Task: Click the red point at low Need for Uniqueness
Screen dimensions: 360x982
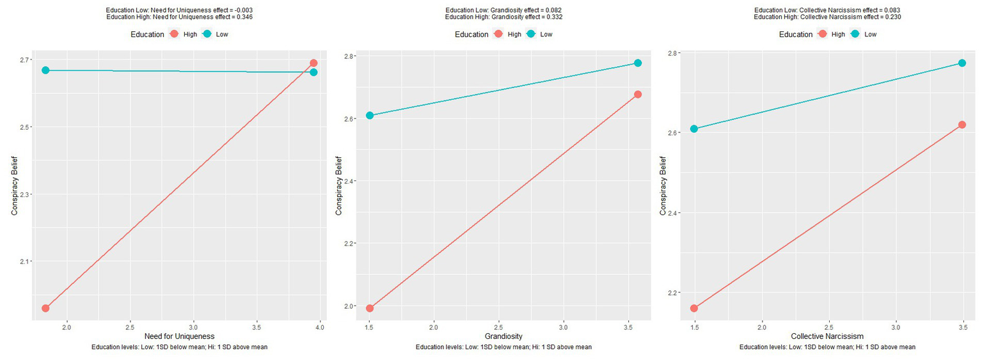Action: click(x=45, y=308)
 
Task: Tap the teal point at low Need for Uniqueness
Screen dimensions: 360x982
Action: click(x=45, y=70)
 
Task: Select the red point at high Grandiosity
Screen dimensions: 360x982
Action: click(x=638, y=95)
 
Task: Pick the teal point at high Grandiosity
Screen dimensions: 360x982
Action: click(x=638, y=63)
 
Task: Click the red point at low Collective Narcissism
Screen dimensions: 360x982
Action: click(x=693, y=308)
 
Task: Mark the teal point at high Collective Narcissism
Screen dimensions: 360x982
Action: click(x=962, y=63)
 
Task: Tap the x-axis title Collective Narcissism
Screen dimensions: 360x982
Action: click(x=827, y=336)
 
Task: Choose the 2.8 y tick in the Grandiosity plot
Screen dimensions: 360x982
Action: click(x=349, y=56)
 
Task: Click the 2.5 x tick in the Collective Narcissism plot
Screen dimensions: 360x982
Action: click(x=828, y=327)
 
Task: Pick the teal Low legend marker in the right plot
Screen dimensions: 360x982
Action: click(x=853, y=34)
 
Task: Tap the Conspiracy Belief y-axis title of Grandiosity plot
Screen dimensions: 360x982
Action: click(x=339, y=181)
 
